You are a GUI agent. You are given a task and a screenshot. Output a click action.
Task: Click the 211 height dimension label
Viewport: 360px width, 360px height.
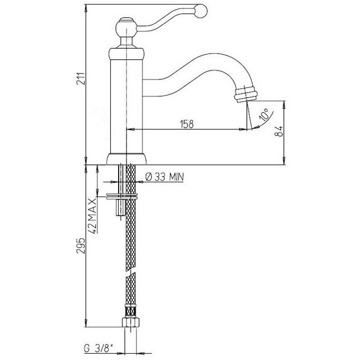coord(81,78)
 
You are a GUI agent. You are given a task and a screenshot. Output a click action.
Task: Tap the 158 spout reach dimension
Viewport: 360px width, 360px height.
coord(187,124)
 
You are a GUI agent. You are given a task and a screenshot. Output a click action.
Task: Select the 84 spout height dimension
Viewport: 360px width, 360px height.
coord(279,131)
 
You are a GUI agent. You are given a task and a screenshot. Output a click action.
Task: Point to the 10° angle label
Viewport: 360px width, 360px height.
coord(264,115)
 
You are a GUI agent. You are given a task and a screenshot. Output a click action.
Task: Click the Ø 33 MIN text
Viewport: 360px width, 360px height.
coord(165,177)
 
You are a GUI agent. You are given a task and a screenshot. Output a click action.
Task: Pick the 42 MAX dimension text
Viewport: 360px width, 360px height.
coord(93,216)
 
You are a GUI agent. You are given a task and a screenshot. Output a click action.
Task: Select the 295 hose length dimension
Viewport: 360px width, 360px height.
coord(81,246)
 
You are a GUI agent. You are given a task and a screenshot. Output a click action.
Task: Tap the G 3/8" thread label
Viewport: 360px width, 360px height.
coord(99,349)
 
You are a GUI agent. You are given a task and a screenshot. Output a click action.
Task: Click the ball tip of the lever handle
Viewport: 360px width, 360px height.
coord(200,11)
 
